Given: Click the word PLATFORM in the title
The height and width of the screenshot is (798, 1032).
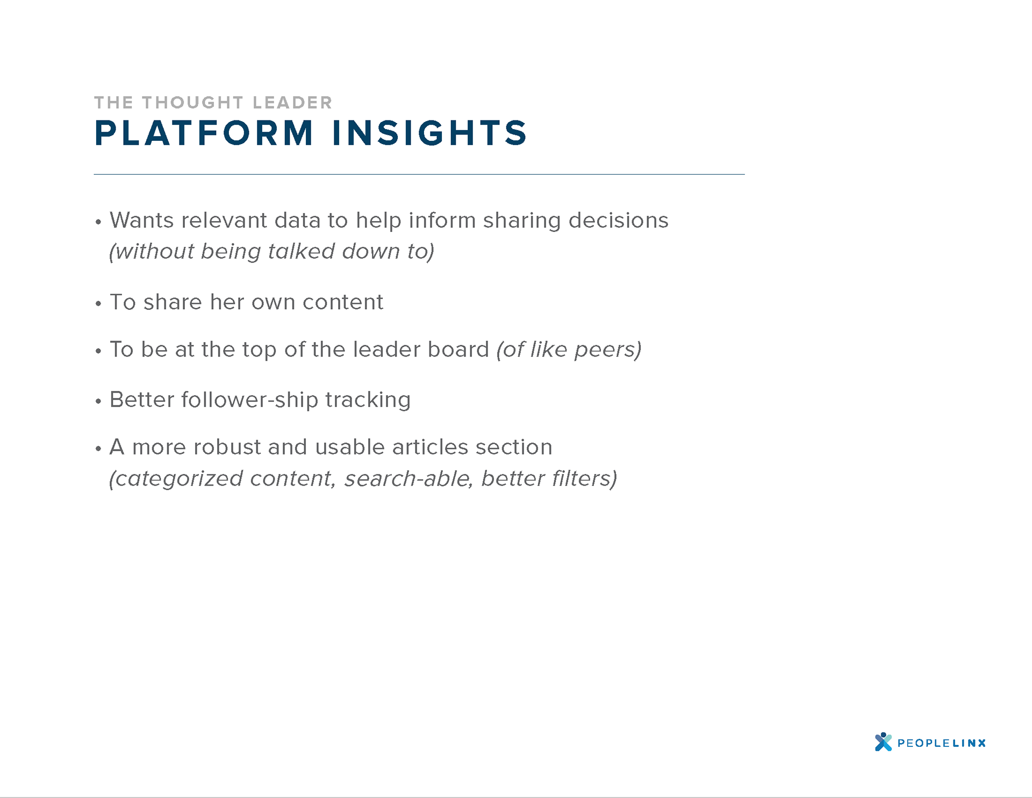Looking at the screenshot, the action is (204, 133).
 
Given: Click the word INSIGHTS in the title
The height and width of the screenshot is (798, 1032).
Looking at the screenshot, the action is (430, 133).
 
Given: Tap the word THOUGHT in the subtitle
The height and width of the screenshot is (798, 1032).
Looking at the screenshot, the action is (193, 102).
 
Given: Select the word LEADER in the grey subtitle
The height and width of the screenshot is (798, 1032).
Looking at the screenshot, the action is (292, 102).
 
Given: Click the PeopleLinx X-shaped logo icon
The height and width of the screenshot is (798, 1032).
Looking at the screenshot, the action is (883, 742).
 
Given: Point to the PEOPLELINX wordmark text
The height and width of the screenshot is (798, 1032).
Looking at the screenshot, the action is (942, 743).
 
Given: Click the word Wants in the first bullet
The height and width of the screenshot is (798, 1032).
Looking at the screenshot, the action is (142, 220).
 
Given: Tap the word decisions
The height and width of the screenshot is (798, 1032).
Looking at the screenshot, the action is (619, 220).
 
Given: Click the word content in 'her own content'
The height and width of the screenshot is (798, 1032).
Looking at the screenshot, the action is (343, 302).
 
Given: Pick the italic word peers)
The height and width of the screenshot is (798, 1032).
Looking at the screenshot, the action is (608, 350).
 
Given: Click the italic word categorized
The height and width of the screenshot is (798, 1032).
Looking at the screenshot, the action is (176, 479).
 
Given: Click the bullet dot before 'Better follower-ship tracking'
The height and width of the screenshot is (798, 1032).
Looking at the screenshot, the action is (98, 401).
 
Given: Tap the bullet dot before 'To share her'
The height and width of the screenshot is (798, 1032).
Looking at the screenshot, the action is (98, 304).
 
